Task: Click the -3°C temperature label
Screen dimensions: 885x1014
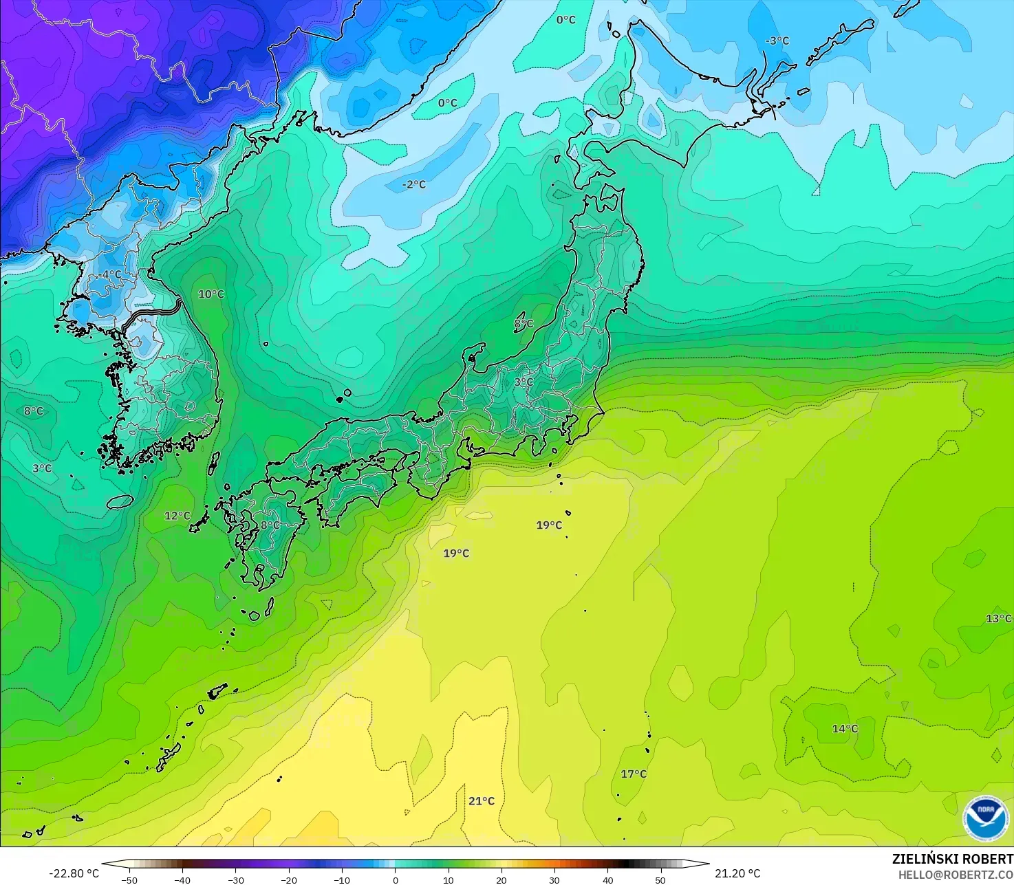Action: pos(777,41)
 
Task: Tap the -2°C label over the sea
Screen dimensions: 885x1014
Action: pos(414,184)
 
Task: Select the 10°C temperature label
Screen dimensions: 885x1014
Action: pos(211,294)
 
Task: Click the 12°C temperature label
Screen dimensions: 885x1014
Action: pos(177,516)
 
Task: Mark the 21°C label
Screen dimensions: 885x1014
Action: pos(482,800)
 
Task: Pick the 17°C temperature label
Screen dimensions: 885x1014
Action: pos(634,774)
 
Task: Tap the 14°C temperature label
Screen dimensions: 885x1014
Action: pos(845,728)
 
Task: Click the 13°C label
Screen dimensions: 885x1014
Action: pos(998,618)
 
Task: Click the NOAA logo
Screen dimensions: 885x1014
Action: pos(986,818)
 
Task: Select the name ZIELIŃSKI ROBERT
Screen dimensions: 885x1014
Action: pos(952,859)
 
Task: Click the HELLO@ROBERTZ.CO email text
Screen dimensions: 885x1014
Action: pos(956,874)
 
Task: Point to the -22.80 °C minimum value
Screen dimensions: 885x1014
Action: pos(74,873)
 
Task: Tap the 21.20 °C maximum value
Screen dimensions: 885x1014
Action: pos(737,873)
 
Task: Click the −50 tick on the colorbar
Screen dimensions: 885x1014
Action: pos(129,879)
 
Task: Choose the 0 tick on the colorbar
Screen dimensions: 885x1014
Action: pos(396,879)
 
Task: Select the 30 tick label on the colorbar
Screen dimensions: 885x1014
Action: pos(554,879)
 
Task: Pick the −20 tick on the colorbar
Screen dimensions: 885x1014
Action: pos(289,879)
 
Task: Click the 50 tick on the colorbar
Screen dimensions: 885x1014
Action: pos(660,879)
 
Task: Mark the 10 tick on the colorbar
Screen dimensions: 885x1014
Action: pos(449,879)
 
